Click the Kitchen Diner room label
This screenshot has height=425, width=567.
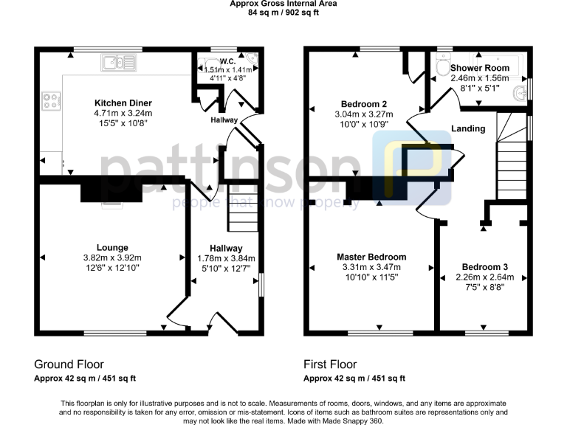coord(123,103)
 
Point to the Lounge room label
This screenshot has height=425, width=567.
coord(112,247)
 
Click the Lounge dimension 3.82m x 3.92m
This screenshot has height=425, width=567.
coord(112,258)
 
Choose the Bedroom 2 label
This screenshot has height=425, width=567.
coord(364,103)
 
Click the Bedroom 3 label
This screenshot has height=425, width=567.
coord(484,266)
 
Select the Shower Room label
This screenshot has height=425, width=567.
coord(480,68)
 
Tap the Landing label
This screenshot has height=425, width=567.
coord(468,128)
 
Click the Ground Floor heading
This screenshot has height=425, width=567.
coord(69,364)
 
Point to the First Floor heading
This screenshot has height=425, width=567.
coord(330,364)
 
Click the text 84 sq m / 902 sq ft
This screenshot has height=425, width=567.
coord(283,13)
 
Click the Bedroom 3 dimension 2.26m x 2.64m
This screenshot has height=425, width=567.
coord(484,277)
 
